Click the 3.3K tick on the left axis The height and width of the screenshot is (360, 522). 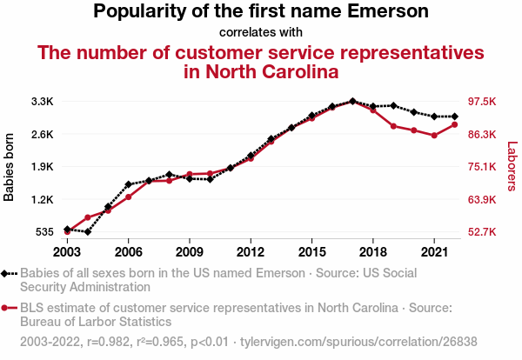(x=43, y=102)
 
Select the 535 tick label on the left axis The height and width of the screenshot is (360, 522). (x=44, y=232)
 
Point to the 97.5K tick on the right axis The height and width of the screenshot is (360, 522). (x=483, y=102)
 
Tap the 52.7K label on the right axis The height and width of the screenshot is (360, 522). (x=483, y=232)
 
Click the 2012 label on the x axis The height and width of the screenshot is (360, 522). (x=251, y=251)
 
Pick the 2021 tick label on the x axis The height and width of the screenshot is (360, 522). (x=433, y=251)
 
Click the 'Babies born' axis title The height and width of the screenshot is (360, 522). (x=10, y=167)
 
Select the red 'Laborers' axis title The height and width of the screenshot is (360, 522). (x=512, y=167)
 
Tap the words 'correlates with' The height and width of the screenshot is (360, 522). (x=260, y=33)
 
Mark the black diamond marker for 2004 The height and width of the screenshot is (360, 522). (x=88, y=232)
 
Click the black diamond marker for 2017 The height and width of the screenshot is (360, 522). (x=352, y=102)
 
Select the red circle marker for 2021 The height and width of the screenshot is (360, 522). (x=433, y=136)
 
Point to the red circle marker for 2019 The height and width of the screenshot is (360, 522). (x=393, y=126)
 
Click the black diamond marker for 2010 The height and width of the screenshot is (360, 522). (x=210, y=179)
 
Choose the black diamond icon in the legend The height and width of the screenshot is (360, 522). (x=6, y=273)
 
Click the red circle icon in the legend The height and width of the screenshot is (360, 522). (x=6, y=307)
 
